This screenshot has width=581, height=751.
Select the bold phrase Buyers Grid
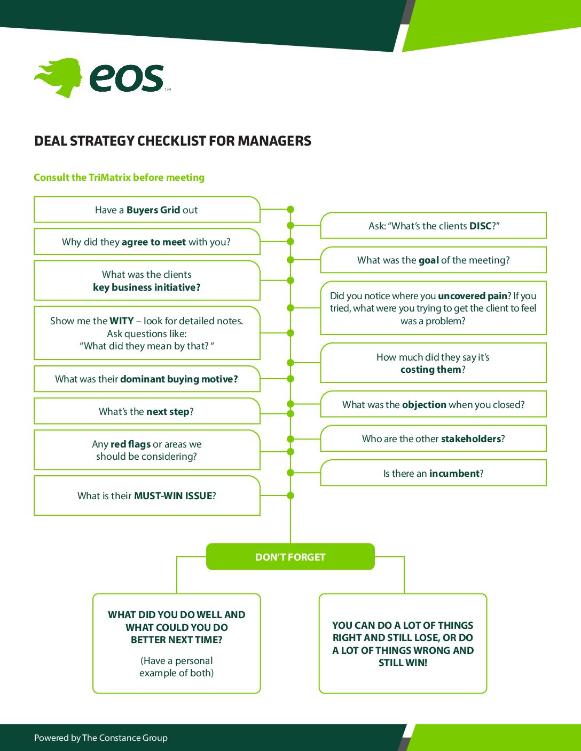pyautogui.click(x=153, y=210)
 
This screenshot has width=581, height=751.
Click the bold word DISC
pyautogui.click(x=480, y=226)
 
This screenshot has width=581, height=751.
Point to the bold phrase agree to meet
pyautogui.click(x=154, y=242)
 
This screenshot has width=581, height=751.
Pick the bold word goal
pyautogui.click(x=429, y=260)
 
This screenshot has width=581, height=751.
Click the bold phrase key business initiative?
pyautogui.click(x=147, y=287)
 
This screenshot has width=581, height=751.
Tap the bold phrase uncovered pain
pyautogui.click(x=472, y=296)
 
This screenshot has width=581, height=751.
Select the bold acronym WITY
pyautogui.click(x=122, y=321)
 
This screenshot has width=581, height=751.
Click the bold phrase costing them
pyautogui.click(x=430, y=370)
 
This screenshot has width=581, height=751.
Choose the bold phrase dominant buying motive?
pyautogui.click(x=179, y=379)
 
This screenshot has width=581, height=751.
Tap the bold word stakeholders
pyautogui.click(x=471, y=439)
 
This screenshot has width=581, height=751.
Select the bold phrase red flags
pyautogui.click(x=130, y=444)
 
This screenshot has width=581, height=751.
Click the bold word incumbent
pyautogui.click(x=454, y=474)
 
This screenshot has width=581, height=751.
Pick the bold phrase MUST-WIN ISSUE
pyautogui.click(x=173, y=496)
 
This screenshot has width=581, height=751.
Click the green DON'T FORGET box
pyautogui.click(x=290, y=557)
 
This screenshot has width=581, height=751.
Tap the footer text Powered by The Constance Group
pyautogui.click(x=101, y=738)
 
